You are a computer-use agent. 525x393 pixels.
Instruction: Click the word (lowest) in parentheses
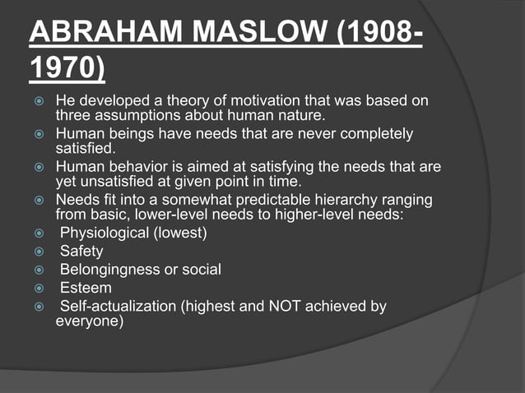179,233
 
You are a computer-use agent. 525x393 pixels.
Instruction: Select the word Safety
81,252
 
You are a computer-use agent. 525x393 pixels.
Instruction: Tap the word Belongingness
110,270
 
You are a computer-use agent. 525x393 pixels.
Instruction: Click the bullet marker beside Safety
37,252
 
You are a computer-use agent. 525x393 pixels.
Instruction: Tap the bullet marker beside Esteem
37,289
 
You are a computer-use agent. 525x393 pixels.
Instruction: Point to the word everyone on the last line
89,321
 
